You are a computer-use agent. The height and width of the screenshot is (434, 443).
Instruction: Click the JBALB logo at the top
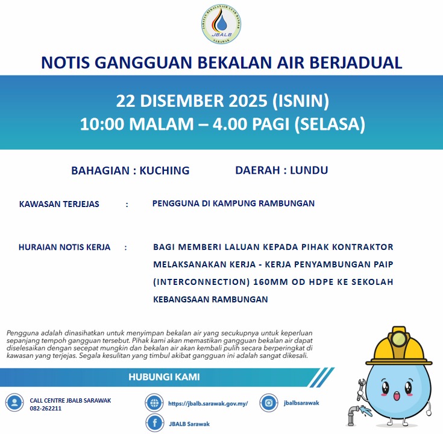click(x=221, y=25)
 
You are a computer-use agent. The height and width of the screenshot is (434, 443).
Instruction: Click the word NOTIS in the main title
click(x=66, y=63)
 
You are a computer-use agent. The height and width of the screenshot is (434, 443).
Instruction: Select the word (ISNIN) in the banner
click(x=301, y=100)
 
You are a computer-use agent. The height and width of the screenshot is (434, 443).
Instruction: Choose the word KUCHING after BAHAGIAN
click(x=165, y=171)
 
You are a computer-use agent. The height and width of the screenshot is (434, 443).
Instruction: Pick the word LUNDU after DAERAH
click(x=309, y=170)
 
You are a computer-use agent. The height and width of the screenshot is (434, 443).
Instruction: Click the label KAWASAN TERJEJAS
click(x=59, y=204)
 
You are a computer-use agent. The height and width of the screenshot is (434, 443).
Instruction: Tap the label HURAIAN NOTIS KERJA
click(x=64, y=247)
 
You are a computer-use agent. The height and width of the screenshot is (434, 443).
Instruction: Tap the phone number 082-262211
click(x=46, y=409)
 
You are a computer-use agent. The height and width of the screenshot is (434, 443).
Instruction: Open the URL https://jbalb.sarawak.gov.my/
click(x=209, y=403)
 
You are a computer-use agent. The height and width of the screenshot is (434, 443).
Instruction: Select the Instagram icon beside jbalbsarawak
click(x=268, y=403)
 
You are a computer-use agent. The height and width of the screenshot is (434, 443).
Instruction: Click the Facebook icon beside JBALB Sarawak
click(x=154, y=424)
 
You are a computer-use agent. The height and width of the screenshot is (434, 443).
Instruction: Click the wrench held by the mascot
click(x=361, y=386)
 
